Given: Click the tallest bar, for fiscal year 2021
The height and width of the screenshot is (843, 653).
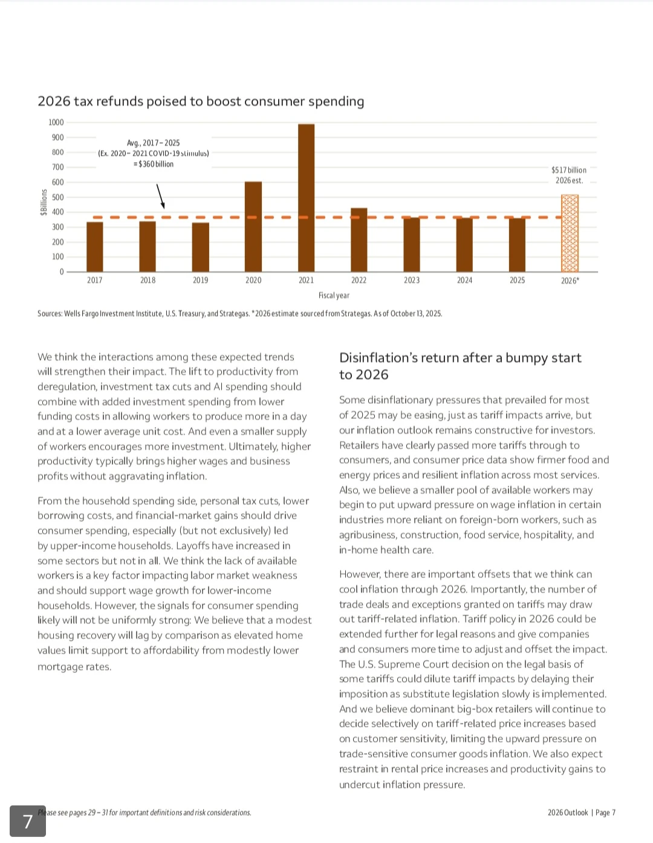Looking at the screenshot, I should click(x=307, y=198).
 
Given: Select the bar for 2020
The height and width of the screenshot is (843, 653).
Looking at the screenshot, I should click(x=253, y=227).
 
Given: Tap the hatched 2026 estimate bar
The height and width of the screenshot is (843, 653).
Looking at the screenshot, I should click(x=570, y=233).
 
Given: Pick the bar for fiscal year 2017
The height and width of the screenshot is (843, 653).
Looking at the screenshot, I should click(x=95, y=247).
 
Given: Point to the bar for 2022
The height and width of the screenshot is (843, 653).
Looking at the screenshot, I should click(x=359, y=240).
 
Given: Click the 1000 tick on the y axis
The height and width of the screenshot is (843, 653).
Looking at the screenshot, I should click(x=56, y=123).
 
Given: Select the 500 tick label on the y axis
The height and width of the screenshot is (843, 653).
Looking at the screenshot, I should click(x=57, y=197).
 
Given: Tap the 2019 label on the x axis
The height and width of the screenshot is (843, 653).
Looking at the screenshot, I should click(x=201, y=281).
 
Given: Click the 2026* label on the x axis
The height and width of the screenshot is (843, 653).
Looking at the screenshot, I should click(x=570, y=281).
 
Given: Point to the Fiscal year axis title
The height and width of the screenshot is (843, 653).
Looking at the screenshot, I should click(x=334, y=296).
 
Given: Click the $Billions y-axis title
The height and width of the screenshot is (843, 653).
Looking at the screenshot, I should click(x=44, y=202).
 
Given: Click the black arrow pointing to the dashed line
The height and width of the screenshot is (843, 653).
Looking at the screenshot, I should click(x=161, y=196).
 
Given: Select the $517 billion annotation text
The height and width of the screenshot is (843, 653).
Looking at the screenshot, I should click(x=569, y=171).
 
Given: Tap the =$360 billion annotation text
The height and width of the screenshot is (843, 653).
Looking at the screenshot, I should click(x=154, y=164).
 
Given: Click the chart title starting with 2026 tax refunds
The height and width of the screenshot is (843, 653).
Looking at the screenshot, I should click(x=201, y=102).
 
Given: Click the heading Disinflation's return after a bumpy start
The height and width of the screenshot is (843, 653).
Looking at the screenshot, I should click(x=460, y=366).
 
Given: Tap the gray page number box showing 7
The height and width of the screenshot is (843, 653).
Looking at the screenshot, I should click(x=28, y=821).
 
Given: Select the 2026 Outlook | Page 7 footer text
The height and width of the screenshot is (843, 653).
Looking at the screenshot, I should click(x=581, y=813).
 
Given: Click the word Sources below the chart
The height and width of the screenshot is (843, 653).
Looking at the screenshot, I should click(x=50, y=314).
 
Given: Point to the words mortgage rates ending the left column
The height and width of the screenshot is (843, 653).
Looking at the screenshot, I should click(x=74, y=667).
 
